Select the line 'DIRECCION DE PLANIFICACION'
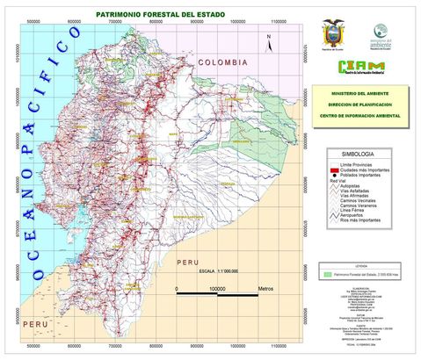(x=362, y=104)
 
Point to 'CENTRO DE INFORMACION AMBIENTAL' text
(x=362, y=115)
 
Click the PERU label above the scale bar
(x=186, y=263)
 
